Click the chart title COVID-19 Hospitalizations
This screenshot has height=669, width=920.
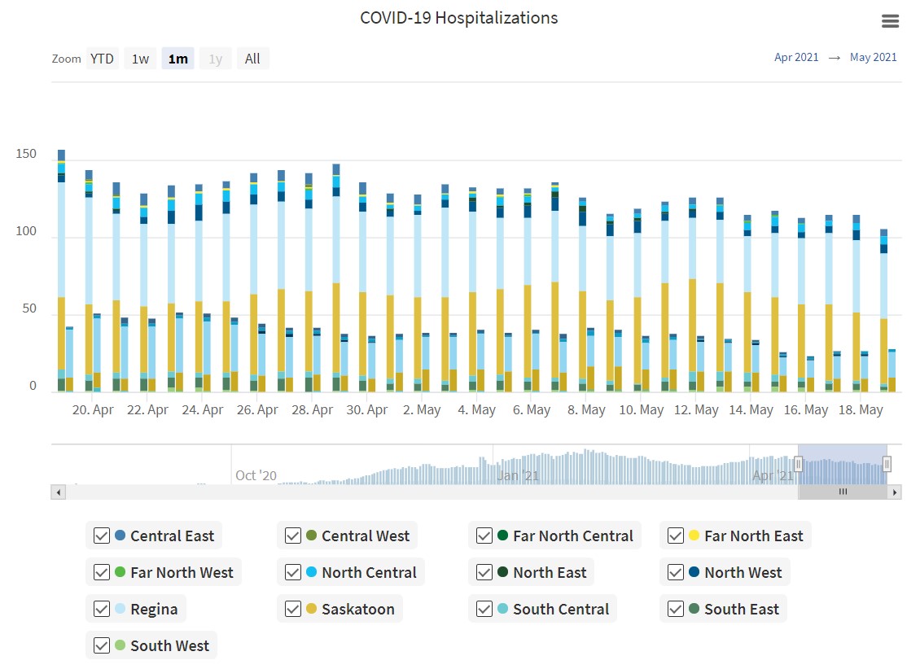[x=459, y=18]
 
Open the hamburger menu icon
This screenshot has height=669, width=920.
[x=891, y=21]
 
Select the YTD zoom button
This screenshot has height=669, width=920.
[x=102, y=59]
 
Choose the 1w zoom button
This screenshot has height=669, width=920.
[x=140, y=59]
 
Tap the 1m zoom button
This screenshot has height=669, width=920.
[x=177, y=59]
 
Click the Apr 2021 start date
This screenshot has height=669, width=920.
[x=796, y=57]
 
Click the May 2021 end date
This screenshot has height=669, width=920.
[x=873, y=57]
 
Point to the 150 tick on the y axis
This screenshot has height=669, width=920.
[x=27, y=154]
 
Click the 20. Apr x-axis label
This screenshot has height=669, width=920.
[x=93, y=409]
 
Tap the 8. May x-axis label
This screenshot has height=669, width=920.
[x=586, y=409]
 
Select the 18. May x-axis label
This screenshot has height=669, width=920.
[x=861, y=409]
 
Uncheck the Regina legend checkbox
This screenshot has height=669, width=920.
[x=102, y=609]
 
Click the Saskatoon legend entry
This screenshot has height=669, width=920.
[x=357, y=609]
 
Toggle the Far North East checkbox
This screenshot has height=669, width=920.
[x=675, y=536]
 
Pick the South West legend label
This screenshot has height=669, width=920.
[x=169, y=645]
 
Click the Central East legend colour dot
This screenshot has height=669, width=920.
[x=120, y=536]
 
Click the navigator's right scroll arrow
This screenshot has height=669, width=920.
[x=895, y=492]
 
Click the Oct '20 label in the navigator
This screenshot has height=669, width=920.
[x=256, y=475]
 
